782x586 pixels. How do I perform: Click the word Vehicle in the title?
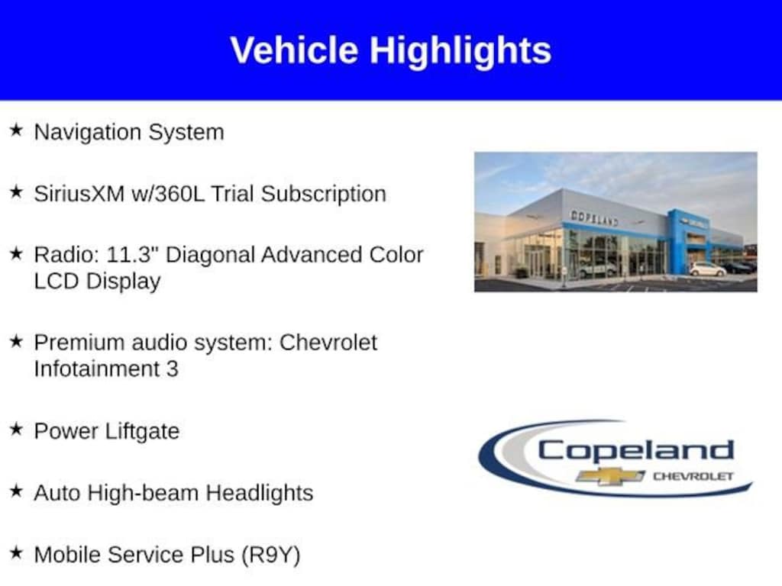click(294, 50)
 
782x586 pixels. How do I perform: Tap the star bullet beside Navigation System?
click(16, 130)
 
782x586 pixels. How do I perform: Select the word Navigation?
click(88, 133)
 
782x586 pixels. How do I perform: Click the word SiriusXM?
click(79, 193)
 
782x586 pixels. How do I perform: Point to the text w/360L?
click(168, 193)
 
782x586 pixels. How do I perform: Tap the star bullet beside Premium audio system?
click(16, 341)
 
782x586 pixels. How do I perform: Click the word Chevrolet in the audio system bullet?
click(328, 343)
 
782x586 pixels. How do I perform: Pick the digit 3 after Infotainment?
click(172, 369)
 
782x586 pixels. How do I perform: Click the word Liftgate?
click(143, 432)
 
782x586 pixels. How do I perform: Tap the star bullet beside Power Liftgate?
click(16, 429)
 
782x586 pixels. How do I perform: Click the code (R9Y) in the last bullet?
click(271, 555)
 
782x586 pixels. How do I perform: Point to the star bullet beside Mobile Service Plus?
click(16, 552)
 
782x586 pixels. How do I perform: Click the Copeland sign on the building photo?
click(594, 217)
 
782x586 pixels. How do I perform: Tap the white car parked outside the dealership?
click(707, 269)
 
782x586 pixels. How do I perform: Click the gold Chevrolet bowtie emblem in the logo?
click(610, 476)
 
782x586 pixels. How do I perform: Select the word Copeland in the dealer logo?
click(636, 451)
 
